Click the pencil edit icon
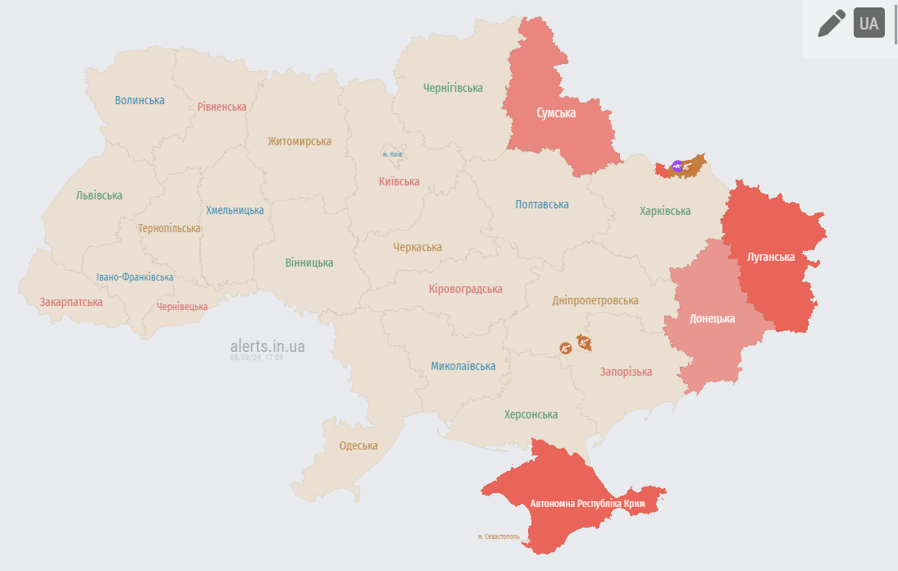point(832,23)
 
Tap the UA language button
point(868,23)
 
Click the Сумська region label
point(556,113)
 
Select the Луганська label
point(771,257)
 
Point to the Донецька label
point(712,318)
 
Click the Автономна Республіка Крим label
point(587,503)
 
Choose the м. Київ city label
point(392,154)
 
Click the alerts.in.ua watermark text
point(267,346)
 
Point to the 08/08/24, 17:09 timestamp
point(256,358)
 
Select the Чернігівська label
point(453,88)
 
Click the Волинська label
point(139,100)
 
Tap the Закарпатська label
point(71,302)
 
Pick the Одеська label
point(358,445)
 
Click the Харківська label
point(665,211)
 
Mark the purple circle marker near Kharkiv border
point(677,166)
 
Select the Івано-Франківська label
point(134,277)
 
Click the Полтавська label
point(542,204)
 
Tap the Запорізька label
point(626,372)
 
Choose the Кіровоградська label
point(465,289)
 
